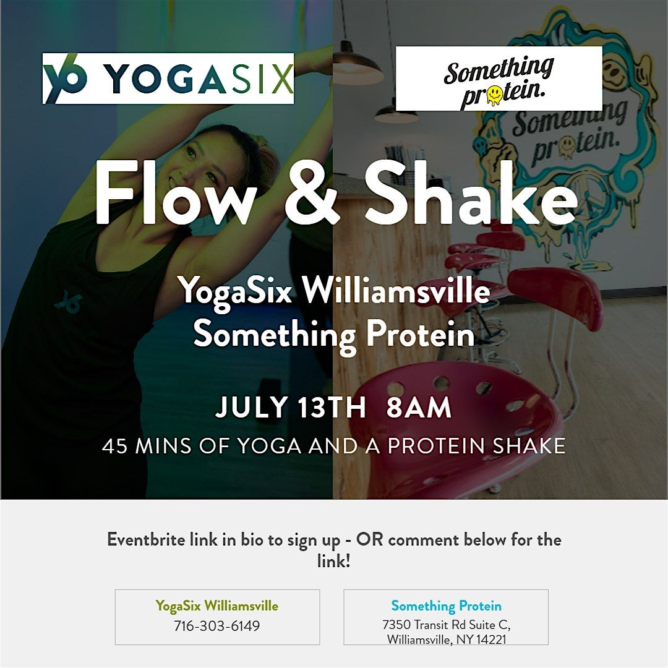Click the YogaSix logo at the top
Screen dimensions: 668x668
coord(168,79)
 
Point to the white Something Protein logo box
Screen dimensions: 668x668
coord(499,79)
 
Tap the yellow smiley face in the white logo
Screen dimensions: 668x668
coord(495,94)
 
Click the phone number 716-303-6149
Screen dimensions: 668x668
coord(217,626)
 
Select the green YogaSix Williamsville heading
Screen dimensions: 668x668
coord(217,606)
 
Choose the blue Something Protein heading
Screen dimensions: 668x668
coord(446,606)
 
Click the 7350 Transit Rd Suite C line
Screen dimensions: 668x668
coord(446,625)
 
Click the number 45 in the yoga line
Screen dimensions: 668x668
coord(114,446)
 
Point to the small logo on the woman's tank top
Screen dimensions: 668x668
coord(69,302)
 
